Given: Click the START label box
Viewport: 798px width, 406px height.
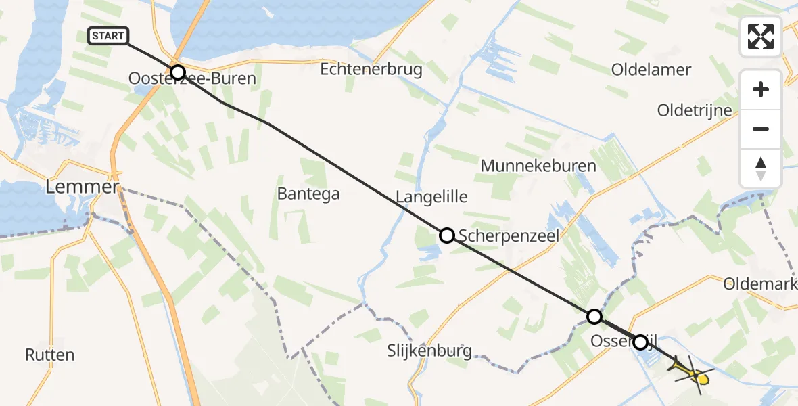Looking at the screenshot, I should [x=108, y=36].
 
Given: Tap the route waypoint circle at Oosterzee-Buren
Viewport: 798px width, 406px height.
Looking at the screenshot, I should [x=177, y=72].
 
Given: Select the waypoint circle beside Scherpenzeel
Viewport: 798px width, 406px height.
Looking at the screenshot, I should [x=447, y=235].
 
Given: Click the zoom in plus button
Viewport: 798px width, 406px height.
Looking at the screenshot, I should [x=761, y=89].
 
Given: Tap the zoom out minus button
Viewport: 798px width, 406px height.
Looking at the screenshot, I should [x=761, y=129].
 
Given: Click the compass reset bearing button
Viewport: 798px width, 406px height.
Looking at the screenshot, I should [x=761, y=168].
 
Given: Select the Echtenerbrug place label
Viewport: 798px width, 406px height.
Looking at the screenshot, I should [x=371, y=69].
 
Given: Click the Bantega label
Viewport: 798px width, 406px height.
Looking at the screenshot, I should [x=308, y=194].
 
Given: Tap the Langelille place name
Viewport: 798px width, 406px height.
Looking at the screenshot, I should [x=431, y=197].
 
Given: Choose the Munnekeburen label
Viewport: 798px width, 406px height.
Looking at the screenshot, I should [x=538, y=166].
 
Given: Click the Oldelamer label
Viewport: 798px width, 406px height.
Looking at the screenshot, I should [x=651, y=70].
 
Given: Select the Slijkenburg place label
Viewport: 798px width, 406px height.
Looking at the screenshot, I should [x=429, y=351].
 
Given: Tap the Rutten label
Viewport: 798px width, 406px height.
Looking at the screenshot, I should [x=49, y=355].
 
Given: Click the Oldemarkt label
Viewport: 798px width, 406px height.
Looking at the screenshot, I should [x=759, y=284].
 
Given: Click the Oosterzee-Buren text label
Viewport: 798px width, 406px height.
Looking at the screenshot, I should [x=193, y=79].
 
